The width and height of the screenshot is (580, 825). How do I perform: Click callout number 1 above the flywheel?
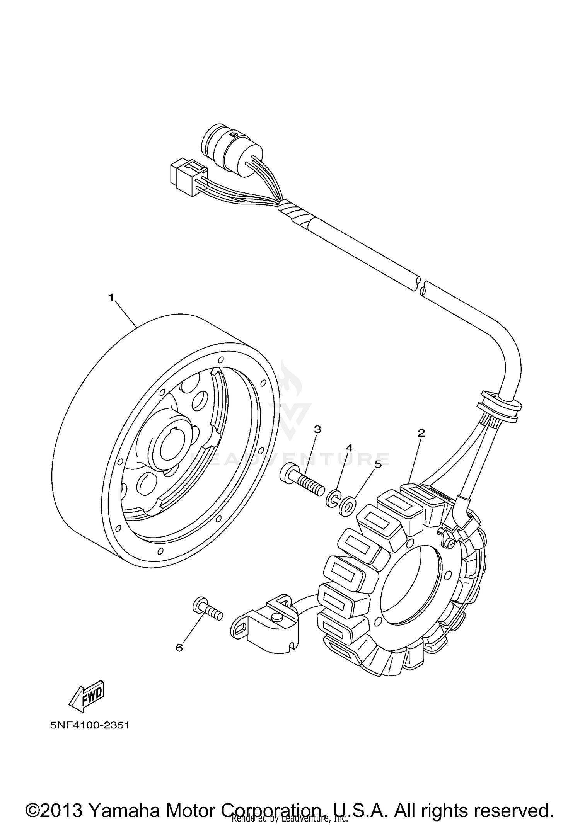point(111,298)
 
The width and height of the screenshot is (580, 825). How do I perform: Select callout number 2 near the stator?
point(421,433)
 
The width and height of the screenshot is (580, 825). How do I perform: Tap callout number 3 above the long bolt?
point(317,429)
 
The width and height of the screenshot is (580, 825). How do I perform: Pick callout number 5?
point(377,464)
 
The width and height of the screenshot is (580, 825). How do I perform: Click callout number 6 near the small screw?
point(179,648)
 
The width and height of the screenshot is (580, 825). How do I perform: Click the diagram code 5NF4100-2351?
point(89,725)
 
